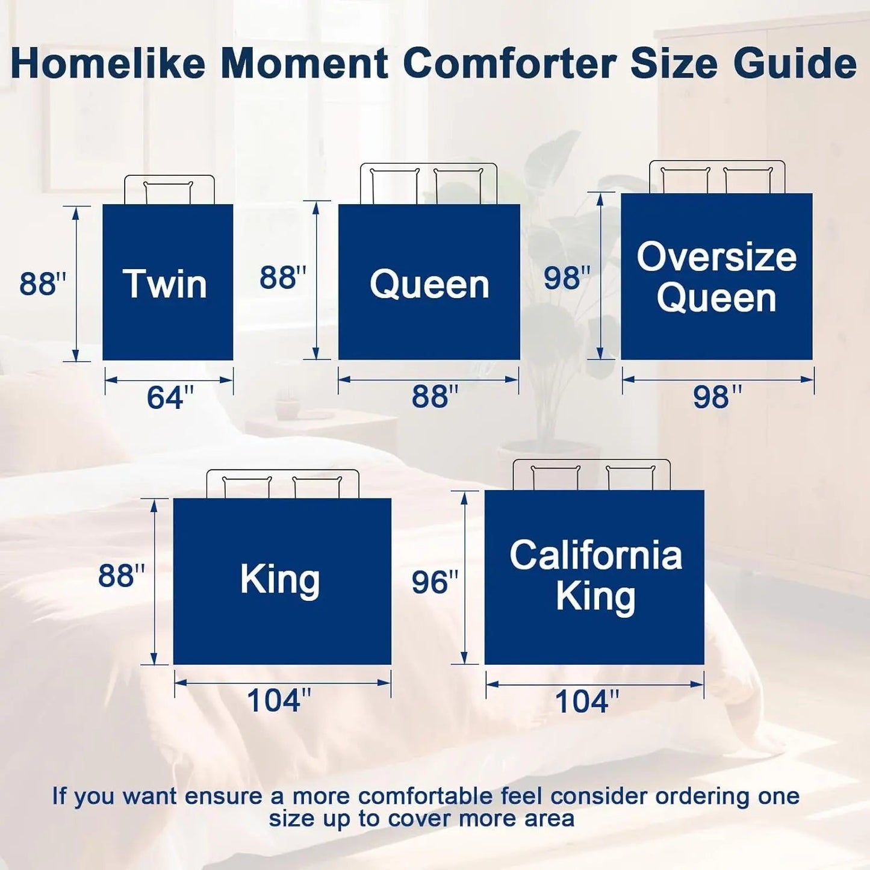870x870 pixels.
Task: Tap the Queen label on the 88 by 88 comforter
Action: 429,284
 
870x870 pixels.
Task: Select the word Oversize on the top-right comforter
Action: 716,257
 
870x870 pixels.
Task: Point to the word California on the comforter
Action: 595,555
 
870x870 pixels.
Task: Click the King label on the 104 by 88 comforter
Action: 280,579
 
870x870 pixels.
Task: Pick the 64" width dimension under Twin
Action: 170,397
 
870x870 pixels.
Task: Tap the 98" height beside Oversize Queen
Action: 567,278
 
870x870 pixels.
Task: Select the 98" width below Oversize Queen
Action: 717,397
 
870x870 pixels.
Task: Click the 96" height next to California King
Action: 435,582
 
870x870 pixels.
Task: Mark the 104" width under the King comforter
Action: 279,700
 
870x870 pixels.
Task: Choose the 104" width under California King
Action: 586,701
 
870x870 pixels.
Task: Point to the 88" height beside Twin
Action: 43,284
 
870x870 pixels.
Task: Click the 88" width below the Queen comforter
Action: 435,397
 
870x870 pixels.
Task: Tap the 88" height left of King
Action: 122,576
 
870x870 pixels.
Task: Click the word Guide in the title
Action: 795,63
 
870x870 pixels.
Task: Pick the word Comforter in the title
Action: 510,63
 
